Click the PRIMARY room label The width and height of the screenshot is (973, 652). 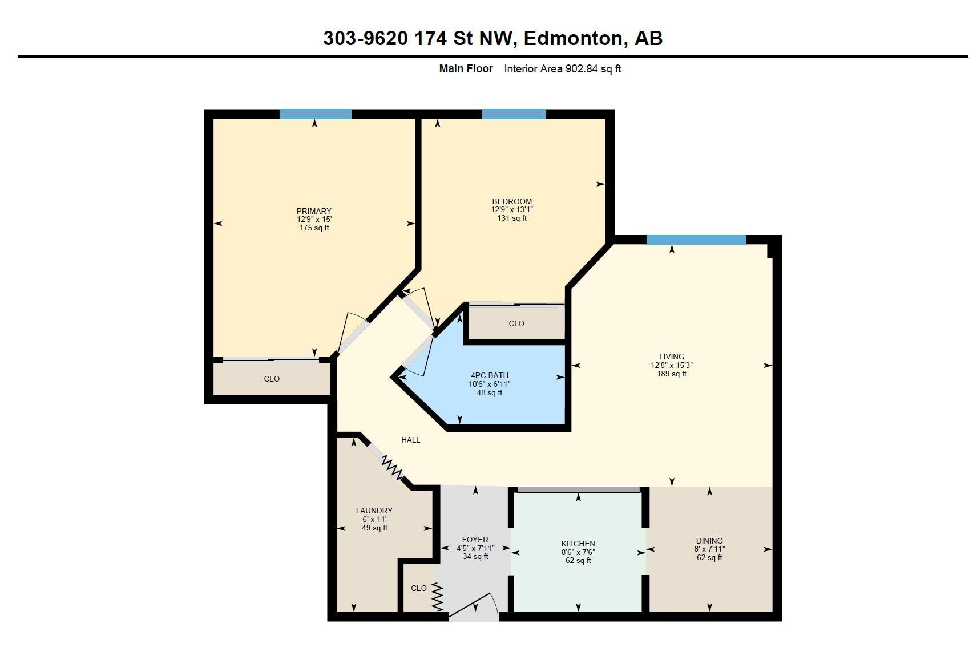pyautogui.click(x=314, y=212)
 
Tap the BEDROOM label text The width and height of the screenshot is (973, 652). pyautogui.click(x=512, y=201)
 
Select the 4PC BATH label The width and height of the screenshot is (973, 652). pyautogui.click(x=490, y=375)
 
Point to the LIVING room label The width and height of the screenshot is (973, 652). pyautogui.click(x=672, y=357)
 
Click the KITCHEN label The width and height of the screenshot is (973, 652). pyautogui.click(x=578, y=544)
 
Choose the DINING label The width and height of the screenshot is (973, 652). pyautogui.click(x=709, y=541)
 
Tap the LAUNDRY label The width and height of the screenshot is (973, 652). pyautogui.click(x=374, y=511)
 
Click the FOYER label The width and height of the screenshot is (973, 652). pyautogui.click(x=475, y=540)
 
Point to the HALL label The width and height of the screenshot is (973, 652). pyautogui.click(x=410, y=440)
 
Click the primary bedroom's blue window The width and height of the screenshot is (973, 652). pyautogui.click(x=316, y=114)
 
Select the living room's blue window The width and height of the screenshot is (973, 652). pyautogui.click(x=696, y=240)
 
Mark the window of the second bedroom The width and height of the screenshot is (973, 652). pyautogui.click(x=514, y=114)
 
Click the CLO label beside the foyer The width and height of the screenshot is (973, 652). pyautogui.click(x=419, y=589)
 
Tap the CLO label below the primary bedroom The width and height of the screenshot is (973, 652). pyautogui.click(x=272, y=379)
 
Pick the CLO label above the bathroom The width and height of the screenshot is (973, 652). pyautogui.click(x=516, y=324)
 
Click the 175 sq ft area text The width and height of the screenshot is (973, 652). pyautogui.click(x=314, y=228)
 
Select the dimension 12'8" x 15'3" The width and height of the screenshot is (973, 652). pyautogui.click(x=672, y=366)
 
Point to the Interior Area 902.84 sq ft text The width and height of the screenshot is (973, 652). pyautogui.click(x=563, y=69)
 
